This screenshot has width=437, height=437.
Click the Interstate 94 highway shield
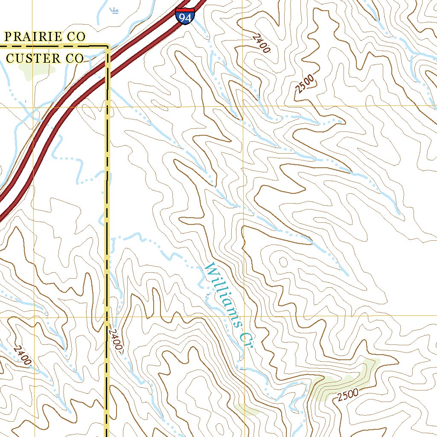point(185,15)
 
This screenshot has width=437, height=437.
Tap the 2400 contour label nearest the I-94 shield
point(261,44)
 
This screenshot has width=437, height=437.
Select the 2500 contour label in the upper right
point(305,84)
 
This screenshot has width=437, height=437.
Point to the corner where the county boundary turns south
point(108,46)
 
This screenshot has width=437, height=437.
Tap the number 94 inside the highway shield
point(185,17)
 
